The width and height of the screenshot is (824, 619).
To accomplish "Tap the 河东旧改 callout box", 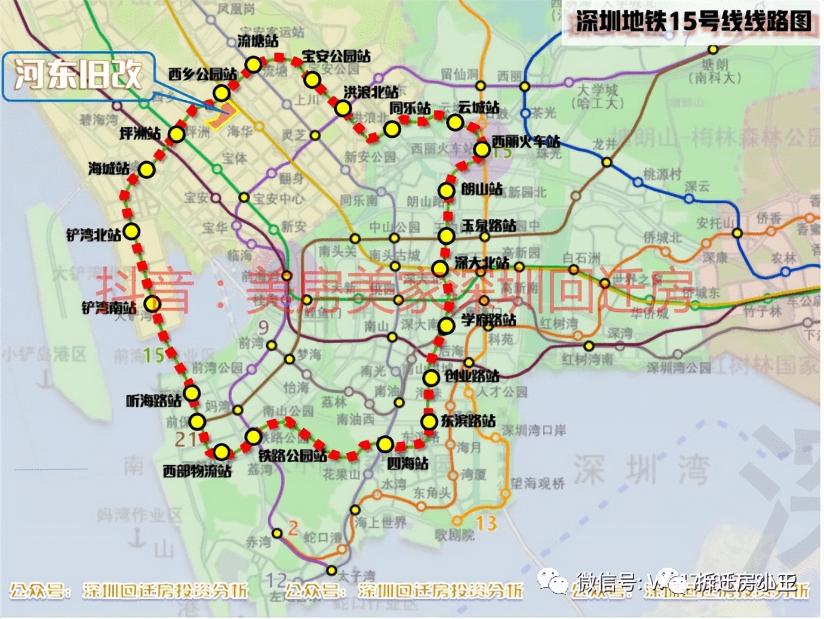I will point(79,75).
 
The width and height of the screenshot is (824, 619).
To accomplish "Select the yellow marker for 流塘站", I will point(254,64).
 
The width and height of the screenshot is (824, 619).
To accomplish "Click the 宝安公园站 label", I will point(336,56).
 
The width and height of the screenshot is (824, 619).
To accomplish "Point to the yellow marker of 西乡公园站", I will point(222,92).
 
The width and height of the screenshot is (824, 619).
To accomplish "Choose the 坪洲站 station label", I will point(140,134).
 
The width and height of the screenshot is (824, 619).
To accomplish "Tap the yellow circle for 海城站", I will point(146,170).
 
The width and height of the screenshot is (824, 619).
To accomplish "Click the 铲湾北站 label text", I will point(93,234).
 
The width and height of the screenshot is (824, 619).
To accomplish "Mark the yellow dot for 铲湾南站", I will point(152,304).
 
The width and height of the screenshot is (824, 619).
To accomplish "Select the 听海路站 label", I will point(153,401).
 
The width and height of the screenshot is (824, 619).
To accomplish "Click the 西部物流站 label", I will point(197,471).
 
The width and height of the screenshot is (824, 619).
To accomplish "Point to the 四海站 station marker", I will point(385,444).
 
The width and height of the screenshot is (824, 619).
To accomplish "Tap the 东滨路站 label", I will point(468,421).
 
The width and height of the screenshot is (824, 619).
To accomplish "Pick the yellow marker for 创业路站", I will point(431,377).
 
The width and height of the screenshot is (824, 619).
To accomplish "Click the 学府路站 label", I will point(488,320).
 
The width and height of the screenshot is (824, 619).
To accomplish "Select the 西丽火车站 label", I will point(525,142).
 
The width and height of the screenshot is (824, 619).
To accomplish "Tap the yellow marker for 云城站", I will point(455,123).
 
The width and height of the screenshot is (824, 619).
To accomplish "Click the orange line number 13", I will point(486,523).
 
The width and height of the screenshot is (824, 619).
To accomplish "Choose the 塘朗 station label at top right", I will point(715,64).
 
